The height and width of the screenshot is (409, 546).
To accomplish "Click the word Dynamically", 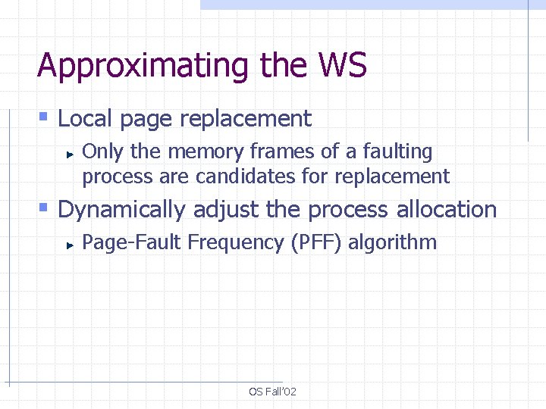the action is (121, 209).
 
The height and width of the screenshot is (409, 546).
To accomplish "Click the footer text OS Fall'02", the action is (272, 392).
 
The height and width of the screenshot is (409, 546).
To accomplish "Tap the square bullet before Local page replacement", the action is (44, 117).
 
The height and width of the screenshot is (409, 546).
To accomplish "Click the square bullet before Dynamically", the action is (44, 208).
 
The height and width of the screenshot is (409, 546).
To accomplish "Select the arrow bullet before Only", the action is (69, 153).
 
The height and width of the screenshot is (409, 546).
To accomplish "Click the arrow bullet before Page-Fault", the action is (69, 244).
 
